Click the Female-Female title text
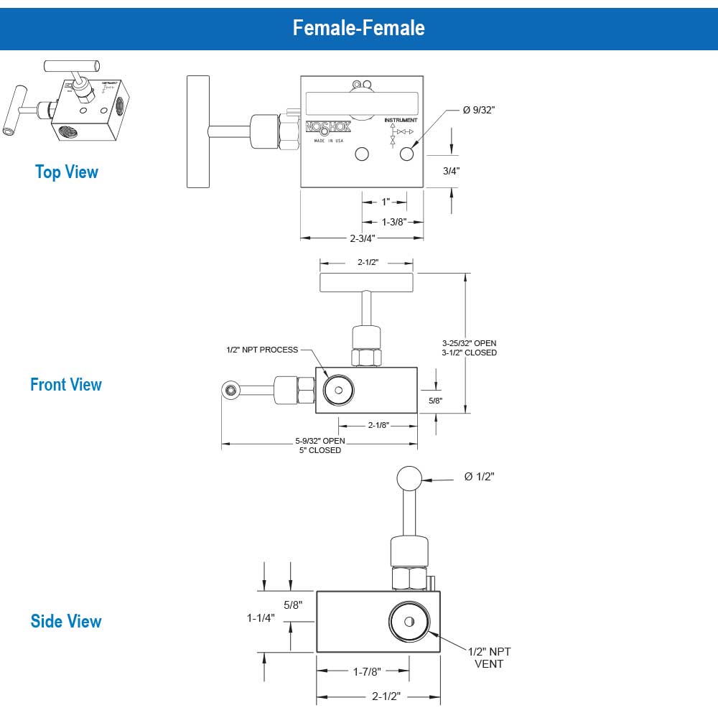358,27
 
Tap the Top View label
66,172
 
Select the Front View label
66,385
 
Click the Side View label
66,622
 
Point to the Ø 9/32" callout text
479,110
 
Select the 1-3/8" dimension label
393,221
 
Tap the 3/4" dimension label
451,171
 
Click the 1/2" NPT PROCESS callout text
261,350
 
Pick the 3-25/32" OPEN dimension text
469,342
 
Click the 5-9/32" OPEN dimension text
320,441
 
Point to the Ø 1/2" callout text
480,477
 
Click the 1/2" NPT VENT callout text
489,657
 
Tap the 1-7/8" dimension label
366,671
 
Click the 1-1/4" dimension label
261,617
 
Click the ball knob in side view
409,477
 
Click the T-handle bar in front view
367,282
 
